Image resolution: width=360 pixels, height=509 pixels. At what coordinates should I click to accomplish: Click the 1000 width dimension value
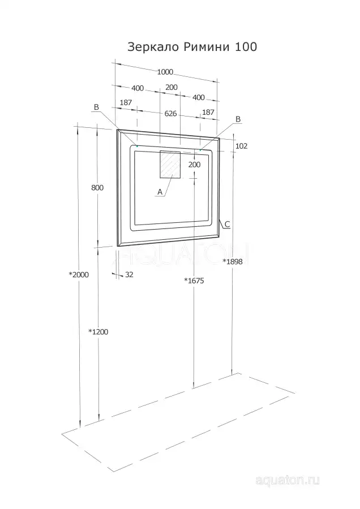[x=165, y=72]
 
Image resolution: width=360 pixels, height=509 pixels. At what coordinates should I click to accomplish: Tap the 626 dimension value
[x=170, y=113]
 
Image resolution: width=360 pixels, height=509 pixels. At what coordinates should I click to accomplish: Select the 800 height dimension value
[x=97, y=188]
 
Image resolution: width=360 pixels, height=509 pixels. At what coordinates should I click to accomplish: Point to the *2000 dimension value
[x=79, y=275]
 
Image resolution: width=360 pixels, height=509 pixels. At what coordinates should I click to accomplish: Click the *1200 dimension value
[x=98, y=332]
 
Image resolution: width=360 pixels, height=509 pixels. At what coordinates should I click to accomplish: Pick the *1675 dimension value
[x=194, y=281]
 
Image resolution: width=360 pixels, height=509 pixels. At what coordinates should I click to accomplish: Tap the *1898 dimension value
[x=232, y=262]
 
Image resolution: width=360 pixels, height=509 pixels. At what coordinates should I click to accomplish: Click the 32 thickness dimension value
[x=129, y=275]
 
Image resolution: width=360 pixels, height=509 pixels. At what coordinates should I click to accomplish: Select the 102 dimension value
[x=241, y=146]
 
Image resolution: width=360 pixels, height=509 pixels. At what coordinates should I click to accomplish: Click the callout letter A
[x=160, y=192]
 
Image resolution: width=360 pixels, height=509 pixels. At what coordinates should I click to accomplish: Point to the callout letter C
[x=227, y=224]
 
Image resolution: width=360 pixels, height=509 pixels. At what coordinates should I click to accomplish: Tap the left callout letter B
[x=96, y=107]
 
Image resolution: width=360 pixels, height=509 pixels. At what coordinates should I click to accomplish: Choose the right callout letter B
[x=238, y=119]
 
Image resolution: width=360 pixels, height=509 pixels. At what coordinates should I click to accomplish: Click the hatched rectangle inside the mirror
[x=170, y=164]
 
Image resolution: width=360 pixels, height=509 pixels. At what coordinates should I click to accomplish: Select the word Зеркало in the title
[x=153, y=48]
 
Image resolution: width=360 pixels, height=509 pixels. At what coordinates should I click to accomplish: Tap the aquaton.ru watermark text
[x=287, y=480]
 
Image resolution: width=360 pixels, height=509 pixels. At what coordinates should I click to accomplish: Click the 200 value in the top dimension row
[x=172, y=87]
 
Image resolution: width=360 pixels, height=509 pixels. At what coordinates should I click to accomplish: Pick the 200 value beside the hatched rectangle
[x=194, y=165]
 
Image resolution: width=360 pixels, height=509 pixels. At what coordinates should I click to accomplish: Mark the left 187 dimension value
[x=126, y=102]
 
